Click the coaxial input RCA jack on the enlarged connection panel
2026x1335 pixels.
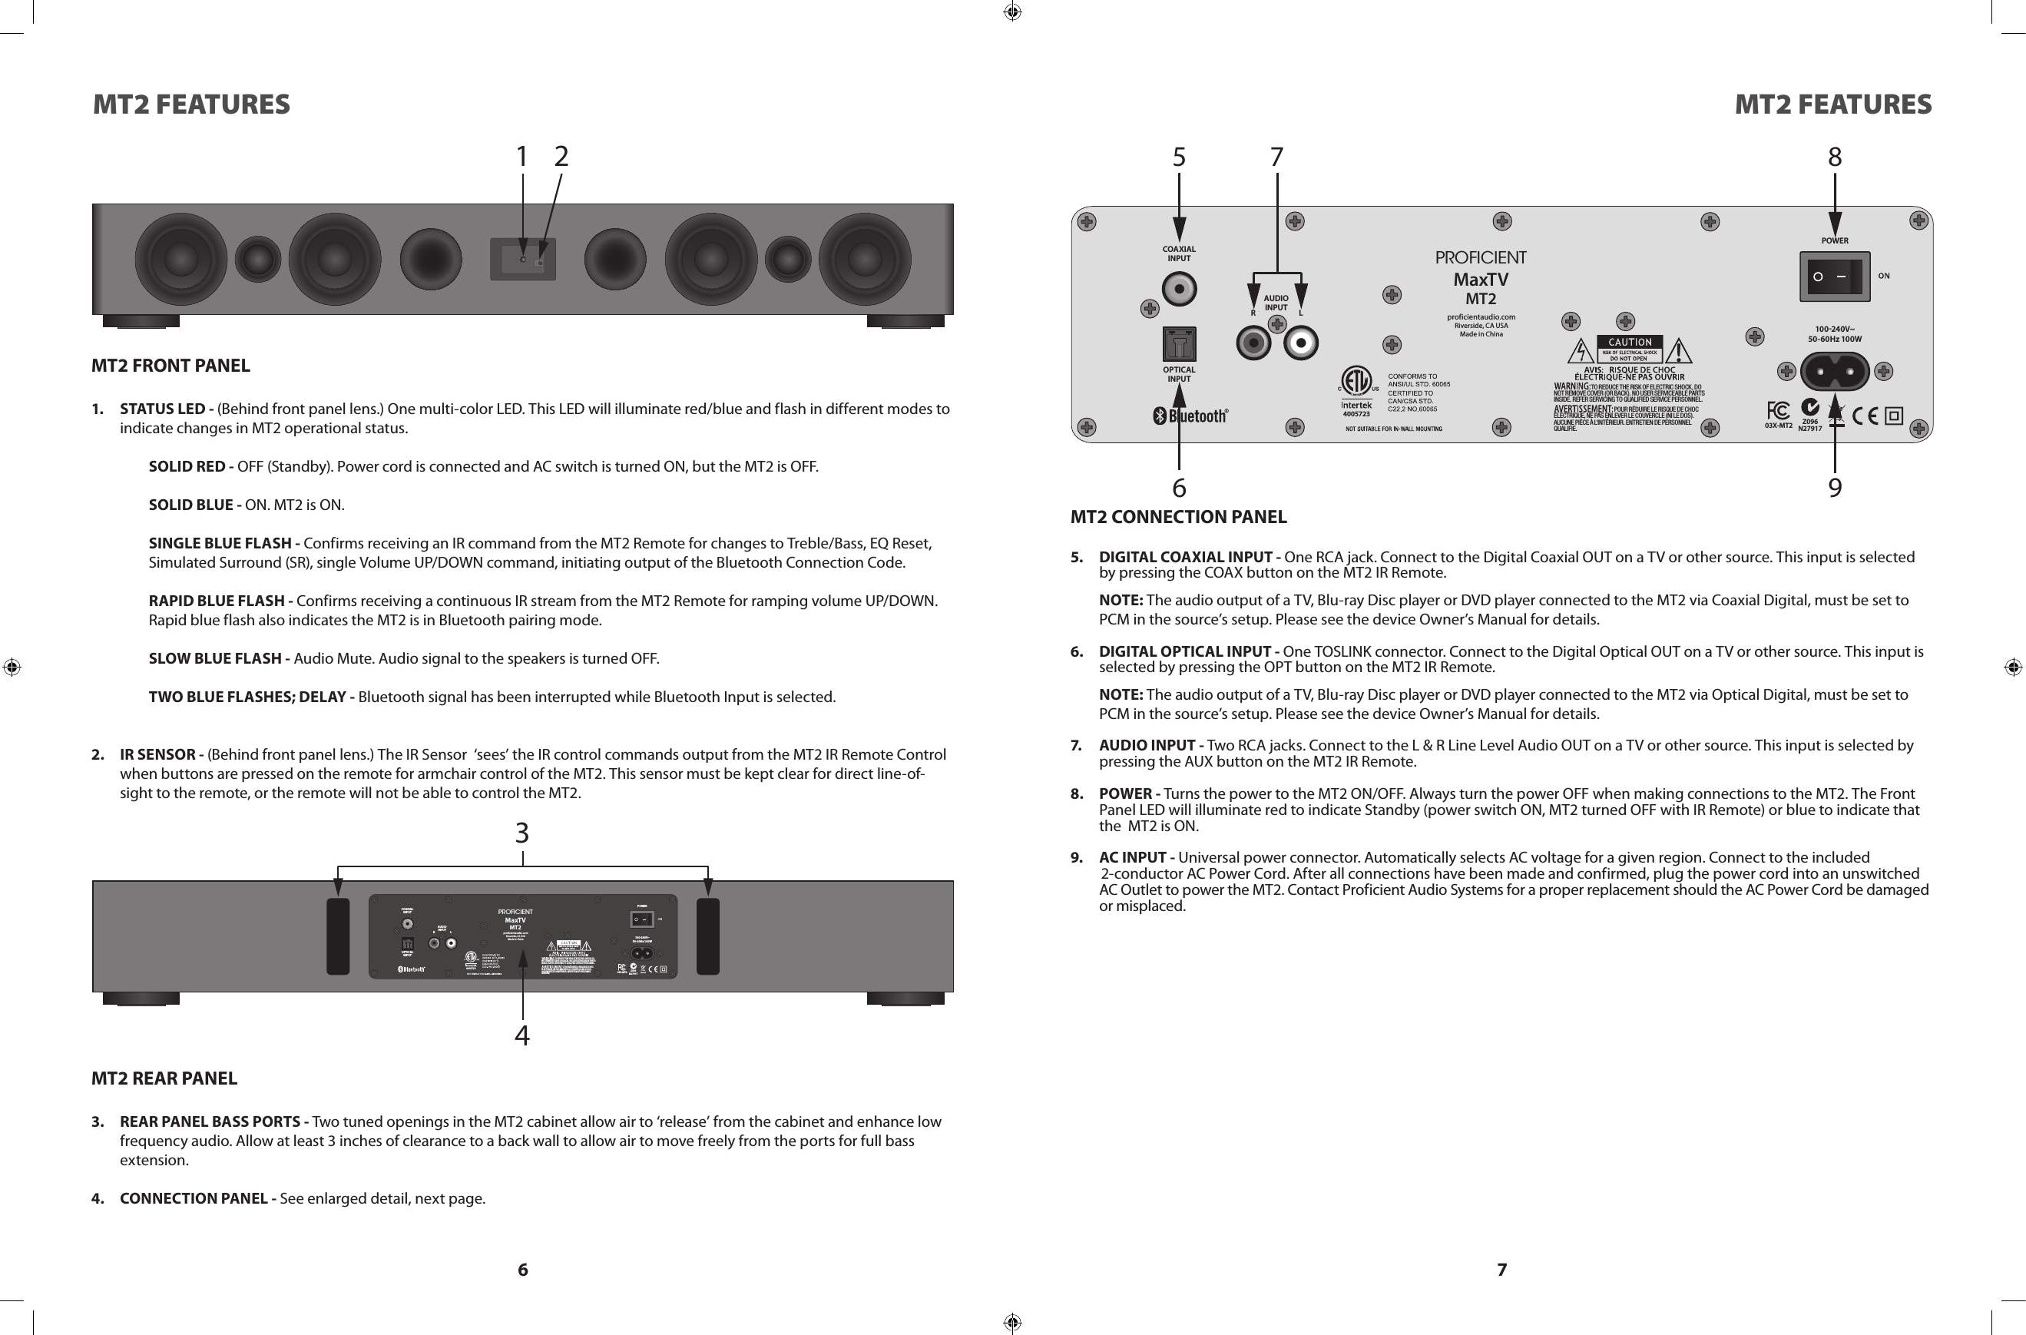tap(1179, 290)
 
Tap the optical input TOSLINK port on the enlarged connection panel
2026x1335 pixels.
tap(1179, 345)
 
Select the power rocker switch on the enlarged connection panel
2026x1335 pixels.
tap(1835, 277)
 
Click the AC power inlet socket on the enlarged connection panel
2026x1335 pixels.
tap(1835, 371)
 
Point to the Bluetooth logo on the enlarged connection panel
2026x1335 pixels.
tap(1190, 416)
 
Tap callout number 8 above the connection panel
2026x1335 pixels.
tap(1835, 157)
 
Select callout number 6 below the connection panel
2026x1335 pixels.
tap(1179, 488)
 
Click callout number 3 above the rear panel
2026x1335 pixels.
tap(521, 833)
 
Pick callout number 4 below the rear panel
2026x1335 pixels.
tap(521, 1035)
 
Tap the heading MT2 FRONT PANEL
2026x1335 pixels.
tap(170, 366)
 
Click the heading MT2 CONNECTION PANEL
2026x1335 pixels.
tap(1178, 517)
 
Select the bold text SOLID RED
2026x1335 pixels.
tap(187, 466)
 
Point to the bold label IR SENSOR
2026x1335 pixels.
tap(157, 754)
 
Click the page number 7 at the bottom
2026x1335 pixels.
tap(1501, 1270)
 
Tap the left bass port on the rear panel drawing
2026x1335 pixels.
tap(338, 936)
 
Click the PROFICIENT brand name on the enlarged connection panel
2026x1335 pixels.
tap(1481, 258)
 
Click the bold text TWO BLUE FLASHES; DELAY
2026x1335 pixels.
tap(248, 697)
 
